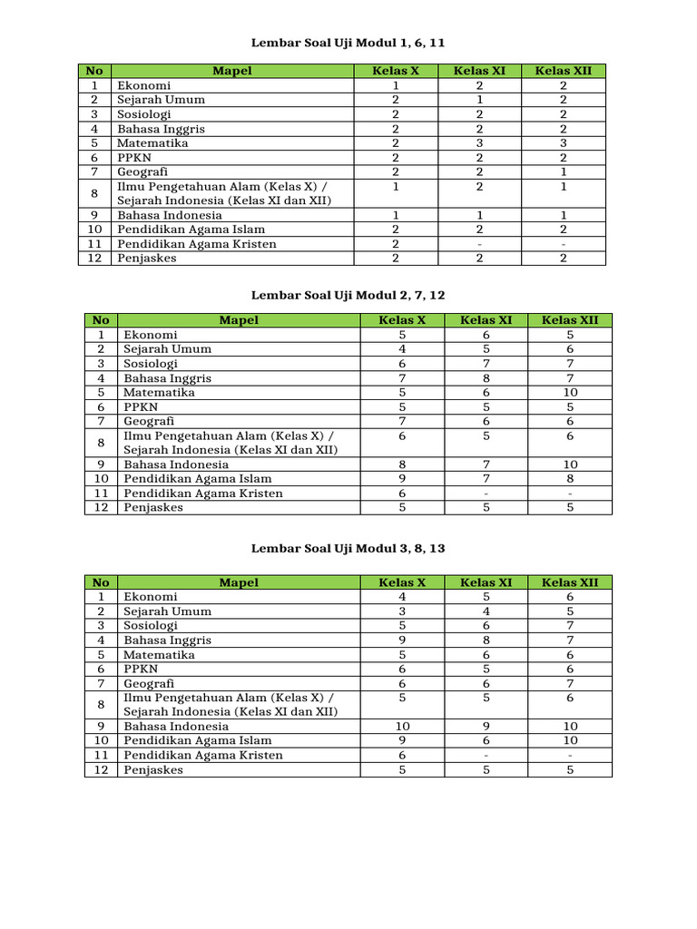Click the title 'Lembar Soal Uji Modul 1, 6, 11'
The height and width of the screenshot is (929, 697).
click(x=348, y=43)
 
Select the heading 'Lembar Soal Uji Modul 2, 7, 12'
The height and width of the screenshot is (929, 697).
click(x=348, y=295)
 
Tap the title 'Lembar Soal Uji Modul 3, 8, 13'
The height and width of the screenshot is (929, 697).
click(x=348, y=549)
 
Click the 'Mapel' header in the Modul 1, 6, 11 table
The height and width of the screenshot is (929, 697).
click(x=231, y=71)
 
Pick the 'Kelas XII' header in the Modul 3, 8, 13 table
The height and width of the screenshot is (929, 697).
click(x=570, y=582)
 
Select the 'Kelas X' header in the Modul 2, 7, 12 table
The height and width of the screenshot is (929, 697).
click(x=402, y=320)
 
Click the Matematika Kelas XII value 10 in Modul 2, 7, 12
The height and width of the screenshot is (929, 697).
click(x=570, y=393)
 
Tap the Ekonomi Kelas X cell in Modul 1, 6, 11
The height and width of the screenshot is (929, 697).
click(x=396, y=85)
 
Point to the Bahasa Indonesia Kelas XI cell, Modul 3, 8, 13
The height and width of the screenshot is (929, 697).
click(x=486, y=727)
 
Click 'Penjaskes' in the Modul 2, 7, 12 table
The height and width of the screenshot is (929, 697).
click(x=153, y=508)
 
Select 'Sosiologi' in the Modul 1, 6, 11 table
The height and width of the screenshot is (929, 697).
click(x=143, y=114)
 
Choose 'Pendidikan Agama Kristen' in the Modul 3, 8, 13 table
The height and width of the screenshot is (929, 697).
click(x=203, y=756)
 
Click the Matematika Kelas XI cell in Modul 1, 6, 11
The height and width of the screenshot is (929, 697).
click(x=479, y=143)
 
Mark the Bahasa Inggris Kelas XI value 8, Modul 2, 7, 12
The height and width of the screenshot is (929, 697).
click(x=486, y=378)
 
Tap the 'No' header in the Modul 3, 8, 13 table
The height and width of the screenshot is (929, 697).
click(x=101, y=582)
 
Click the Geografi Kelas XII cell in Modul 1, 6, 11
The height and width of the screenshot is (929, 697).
click(x=564, y=171)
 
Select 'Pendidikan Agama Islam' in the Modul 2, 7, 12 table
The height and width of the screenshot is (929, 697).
click(x=198, y=479)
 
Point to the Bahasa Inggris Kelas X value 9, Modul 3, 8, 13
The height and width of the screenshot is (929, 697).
click(x=402, y=641)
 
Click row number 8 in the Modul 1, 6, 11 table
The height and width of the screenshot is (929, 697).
click(x=93, y=193)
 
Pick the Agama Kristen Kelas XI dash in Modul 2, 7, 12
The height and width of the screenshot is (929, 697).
click(x=486, y=494)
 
